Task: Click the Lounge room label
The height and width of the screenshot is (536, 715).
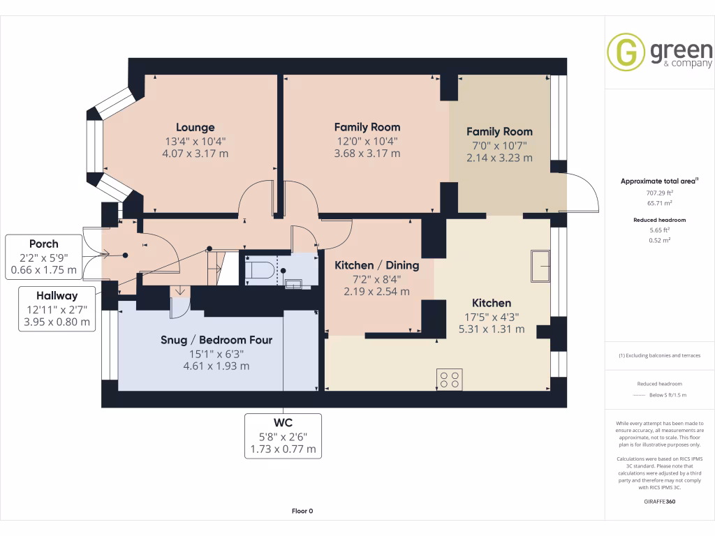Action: tap(195, 128)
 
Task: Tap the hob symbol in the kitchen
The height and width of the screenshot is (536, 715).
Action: tap(449, 379)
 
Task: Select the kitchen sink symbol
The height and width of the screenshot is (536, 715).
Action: tap(540, 265)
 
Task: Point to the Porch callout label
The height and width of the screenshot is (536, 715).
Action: tap(43, 244)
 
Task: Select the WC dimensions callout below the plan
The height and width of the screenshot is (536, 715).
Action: tap(283, 435)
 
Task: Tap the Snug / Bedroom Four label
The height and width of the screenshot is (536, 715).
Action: tap(216, 340)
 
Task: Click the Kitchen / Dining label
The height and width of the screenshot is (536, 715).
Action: tap(376, 265)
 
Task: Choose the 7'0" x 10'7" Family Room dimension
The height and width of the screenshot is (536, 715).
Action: tap(499, 145)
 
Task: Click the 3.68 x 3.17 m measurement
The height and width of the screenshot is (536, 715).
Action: tap(367, 154)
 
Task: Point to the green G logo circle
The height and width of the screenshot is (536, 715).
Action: tap(626, 52)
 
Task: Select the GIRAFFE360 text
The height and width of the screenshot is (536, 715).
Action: tap(659, 501)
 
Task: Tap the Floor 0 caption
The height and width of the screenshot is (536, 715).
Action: tap(302, 511)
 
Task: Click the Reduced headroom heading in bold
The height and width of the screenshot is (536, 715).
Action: tap(659, 220)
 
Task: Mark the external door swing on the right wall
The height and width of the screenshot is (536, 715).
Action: tap(584, 191)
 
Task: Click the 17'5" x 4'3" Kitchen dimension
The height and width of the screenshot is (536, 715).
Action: tap(492, 316)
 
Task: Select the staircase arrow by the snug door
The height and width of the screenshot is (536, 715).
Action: tap(180, 290)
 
